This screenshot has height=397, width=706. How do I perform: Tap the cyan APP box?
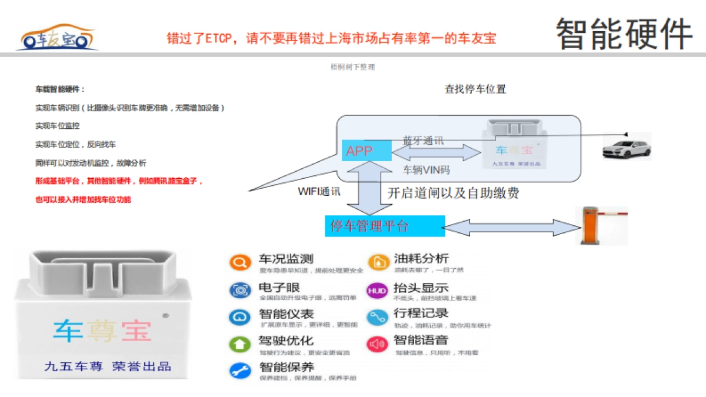pos(366,151)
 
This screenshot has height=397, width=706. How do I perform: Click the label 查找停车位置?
pos(475,89)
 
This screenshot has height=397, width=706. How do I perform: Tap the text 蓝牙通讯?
pos(423,141)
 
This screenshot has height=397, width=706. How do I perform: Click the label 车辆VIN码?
pos(426,170)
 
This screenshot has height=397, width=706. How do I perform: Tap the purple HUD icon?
pos(377,291)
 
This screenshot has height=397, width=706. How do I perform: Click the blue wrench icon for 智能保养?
pos(239,371)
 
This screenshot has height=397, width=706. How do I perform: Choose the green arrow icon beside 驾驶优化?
pos(239,344)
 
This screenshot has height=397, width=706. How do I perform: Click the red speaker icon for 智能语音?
pos(377,344)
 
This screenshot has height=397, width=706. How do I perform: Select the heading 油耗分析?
pos(421,258)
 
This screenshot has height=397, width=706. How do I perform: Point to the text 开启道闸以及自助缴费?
pos(453,193)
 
